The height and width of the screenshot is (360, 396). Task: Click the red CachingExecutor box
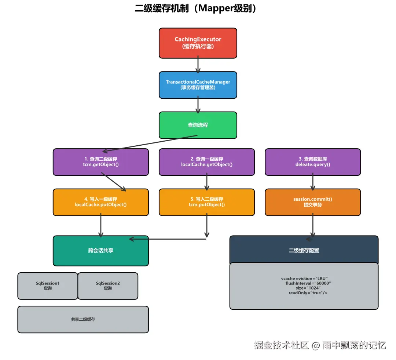(x=198, y=43)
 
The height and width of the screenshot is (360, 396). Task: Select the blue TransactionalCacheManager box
(x=198, y=85)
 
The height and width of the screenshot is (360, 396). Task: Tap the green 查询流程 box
(x=198, y=125)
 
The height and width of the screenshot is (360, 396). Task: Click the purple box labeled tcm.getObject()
(x=100, y=162)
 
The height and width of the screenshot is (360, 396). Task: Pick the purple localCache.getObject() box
(x=206, y=162)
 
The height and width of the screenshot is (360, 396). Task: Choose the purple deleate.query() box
(x=312, y=162)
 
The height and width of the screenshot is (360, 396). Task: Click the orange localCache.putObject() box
(x=100, y=202)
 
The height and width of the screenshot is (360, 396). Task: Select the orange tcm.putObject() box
(x=206, y=202)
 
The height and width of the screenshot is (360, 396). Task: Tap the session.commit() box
(x=312, y=202)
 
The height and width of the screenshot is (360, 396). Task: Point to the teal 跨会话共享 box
(x=100, y=251)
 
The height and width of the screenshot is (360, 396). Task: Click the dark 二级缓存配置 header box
(x=304, y=250)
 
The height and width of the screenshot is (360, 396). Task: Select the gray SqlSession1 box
(x=48, y=286)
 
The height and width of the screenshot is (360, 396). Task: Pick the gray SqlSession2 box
(x=108, y=286)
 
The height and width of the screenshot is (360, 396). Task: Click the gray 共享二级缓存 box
(x=83, y=320)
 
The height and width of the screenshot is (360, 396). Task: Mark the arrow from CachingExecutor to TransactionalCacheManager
(x=198, y=65)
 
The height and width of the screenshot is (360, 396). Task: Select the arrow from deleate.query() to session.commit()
(x=312, y=182)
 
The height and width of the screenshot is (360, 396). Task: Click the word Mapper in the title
(x=214, y=8)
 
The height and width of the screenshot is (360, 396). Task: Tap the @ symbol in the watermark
(x=315, y=345)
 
